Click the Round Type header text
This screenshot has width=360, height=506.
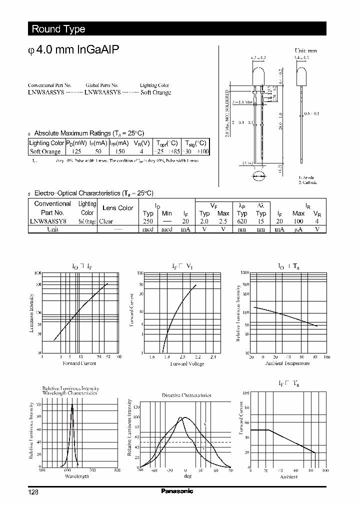click(58, 29)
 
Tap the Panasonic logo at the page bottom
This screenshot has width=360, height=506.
click(177, 491)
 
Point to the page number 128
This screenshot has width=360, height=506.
click(33, 492)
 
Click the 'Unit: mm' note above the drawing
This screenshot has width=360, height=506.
click(306, 50)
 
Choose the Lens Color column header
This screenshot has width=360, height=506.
click(118, 208)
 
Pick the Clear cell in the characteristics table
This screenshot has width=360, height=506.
click(106, 221)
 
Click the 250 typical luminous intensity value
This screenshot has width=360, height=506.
click(148, 221)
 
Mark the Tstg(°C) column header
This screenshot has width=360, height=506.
click(195, 142)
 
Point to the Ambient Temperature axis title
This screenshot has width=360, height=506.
click(287, 363)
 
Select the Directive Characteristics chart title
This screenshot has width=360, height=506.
click(186, 395)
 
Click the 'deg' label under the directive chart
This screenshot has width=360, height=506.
click(187, 476)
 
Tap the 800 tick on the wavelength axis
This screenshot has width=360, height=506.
click(117, 470)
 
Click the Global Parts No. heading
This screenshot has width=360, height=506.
click(102, 85)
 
